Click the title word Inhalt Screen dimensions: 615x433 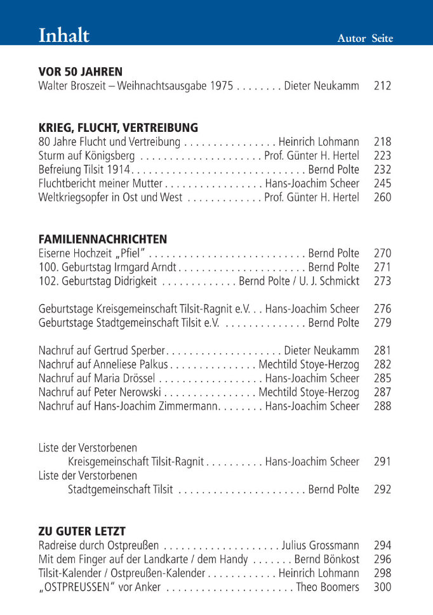pyautogui.click(x=64, y=35)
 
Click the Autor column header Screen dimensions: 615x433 pyautogui.click(x=351, y=39)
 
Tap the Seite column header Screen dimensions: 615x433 pyautogui.click(x=382, y=39)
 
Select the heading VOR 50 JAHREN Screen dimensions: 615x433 pyautogui.click(x=81, y=72)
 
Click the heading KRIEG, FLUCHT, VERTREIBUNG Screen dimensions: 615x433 pyautogui.click(x=118, y=127)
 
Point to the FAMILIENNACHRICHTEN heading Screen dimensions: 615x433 pyautogui.click(x=103, y=239)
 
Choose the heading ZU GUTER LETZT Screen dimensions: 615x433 pyautogui.click(x=82, y=531)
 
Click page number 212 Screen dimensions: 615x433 pyautogui.click(x=382, y=86)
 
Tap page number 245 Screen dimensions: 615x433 pyautogui.click(x=382, y=183)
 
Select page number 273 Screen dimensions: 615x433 pyautogui.click(x=382, y=281)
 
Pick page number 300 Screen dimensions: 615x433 pyautogui.click(x=382, y=587)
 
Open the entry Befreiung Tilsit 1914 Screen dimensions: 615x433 pyautogui.click(x=84, y=169)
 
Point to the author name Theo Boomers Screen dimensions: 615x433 pyautogui.click(x=328, y=587)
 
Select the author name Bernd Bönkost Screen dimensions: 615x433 pyautogui.click(x=326, y=559)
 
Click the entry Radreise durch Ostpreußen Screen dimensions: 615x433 pyautogui.click(x=98, y=545)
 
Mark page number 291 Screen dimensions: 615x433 pyautogui.click(x=382, y=462)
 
